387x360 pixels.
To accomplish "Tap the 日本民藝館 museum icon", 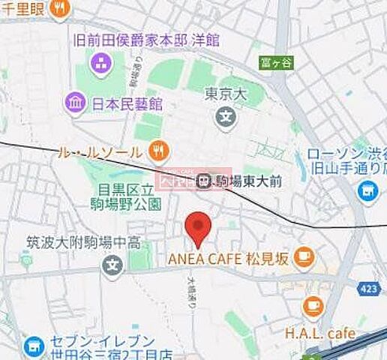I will [x=74, y=101].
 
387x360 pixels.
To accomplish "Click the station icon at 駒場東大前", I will [x=203, y=180].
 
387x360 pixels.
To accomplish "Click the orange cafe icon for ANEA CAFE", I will [x=303, y=258].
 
